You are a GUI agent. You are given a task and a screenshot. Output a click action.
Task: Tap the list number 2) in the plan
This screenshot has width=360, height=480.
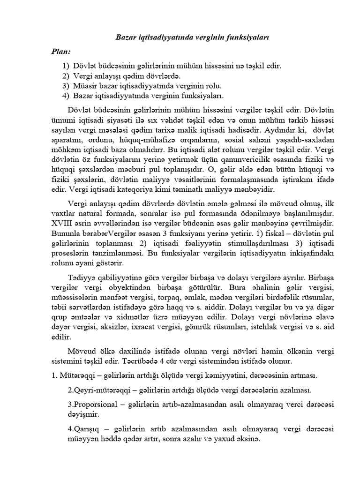pyautogui.click(x=65, y=75)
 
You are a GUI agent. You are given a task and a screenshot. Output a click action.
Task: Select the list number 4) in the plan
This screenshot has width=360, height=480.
pyautogui.click(x=65, y=96)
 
